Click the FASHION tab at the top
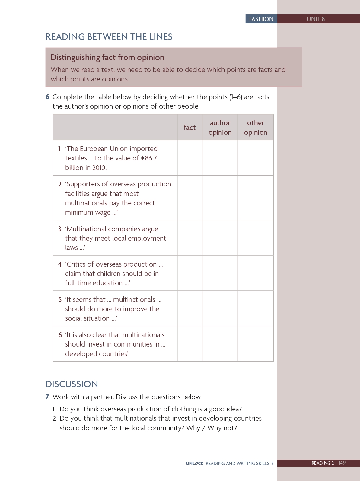261,19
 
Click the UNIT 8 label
316,19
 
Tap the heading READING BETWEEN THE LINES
109,37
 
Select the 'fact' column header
190,128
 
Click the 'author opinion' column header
220,128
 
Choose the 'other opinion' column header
256,128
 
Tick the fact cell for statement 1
190,158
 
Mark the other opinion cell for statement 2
256,198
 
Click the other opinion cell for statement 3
256,238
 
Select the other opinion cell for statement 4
256,273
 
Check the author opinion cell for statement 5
220,309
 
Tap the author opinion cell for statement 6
220,344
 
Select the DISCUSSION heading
72,384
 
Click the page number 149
342,463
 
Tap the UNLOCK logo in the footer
195,464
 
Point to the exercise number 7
47,397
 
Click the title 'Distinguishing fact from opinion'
107,57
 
